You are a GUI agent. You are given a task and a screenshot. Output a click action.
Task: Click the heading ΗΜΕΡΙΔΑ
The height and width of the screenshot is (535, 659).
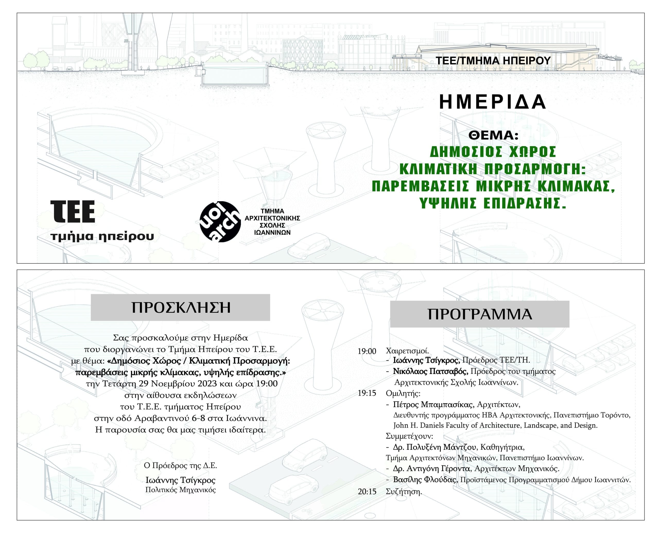(x=492, y=102)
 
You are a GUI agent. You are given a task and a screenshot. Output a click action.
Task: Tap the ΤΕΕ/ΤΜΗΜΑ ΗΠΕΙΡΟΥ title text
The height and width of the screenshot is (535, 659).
(x=493, y=61)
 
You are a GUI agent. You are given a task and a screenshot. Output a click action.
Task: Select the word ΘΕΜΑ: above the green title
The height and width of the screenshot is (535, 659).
(x=493, y=135)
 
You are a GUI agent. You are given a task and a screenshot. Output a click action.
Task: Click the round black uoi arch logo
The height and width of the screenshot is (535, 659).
(x=220, y=222)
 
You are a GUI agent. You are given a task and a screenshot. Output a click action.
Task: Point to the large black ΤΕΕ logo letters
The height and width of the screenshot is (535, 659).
(x=73, y=211)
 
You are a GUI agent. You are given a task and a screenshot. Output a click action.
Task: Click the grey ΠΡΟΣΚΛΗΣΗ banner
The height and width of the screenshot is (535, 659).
(x=180, y=307)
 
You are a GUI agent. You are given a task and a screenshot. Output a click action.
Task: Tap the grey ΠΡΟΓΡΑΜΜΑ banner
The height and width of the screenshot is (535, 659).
(x=480, y=314)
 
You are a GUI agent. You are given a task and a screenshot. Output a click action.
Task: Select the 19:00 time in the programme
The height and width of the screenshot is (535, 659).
(x=367, y=351)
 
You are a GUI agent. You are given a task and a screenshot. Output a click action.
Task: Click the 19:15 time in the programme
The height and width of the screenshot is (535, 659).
(x=367, y=393)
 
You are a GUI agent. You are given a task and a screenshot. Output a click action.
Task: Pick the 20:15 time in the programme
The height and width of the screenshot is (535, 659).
(x=367, y=492)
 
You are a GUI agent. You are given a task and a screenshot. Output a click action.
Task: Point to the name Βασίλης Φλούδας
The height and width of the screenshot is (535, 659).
(x=425, y=480)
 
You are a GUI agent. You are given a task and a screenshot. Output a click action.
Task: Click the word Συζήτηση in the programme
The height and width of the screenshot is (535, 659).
(x=404, y=492)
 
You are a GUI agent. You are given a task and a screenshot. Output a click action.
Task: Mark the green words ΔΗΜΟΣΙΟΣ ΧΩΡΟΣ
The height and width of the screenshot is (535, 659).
(x=493, y=152)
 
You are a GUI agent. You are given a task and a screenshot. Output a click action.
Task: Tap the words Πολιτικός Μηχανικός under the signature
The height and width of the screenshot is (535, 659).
(x=180, y=490)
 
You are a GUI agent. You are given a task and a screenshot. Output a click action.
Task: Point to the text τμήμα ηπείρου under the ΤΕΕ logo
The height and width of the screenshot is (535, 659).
(x=102, y=237)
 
